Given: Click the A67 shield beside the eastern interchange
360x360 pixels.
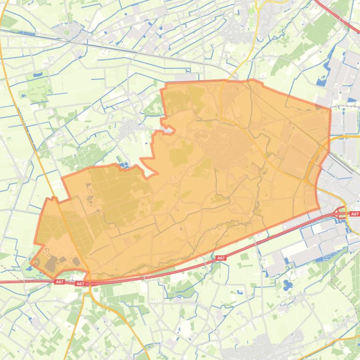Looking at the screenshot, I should click(x=354, y=214).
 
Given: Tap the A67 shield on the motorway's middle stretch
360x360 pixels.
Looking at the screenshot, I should click(x=221, y=258).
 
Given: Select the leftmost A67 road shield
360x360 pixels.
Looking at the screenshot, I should click(x=59, y=282).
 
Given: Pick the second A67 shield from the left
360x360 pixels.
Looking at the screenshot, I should click(x=80, y=284).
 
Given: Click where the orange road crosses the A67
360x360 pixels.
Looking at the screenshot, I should click(x=89, y=283).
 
